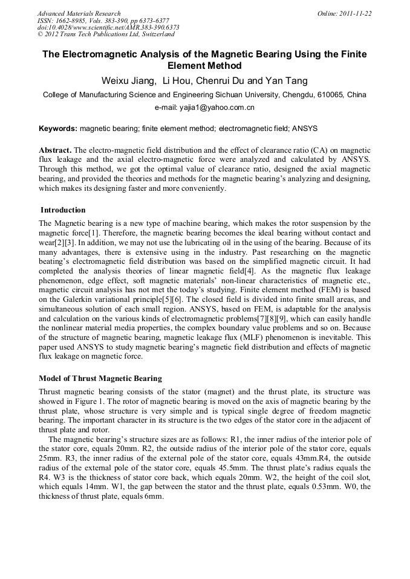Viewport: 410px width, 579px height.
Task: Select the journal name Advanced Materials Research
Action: [79, 13]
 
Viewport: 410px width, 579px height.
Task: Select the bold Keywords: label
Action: [58, 129]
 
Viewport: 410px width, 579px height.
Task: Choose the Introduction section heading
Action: [63, 210]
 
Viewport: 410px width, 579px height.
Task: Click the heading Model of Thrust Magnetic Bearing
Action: [100, 379]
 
